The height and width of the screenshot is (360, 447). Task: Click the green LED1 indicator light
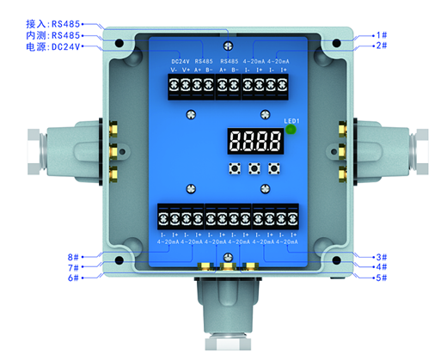[291, 131]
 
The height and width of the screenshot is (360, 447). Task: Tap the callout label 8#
[75, 256]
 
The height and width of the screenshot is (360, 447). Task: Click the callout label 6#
[75, 278]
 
